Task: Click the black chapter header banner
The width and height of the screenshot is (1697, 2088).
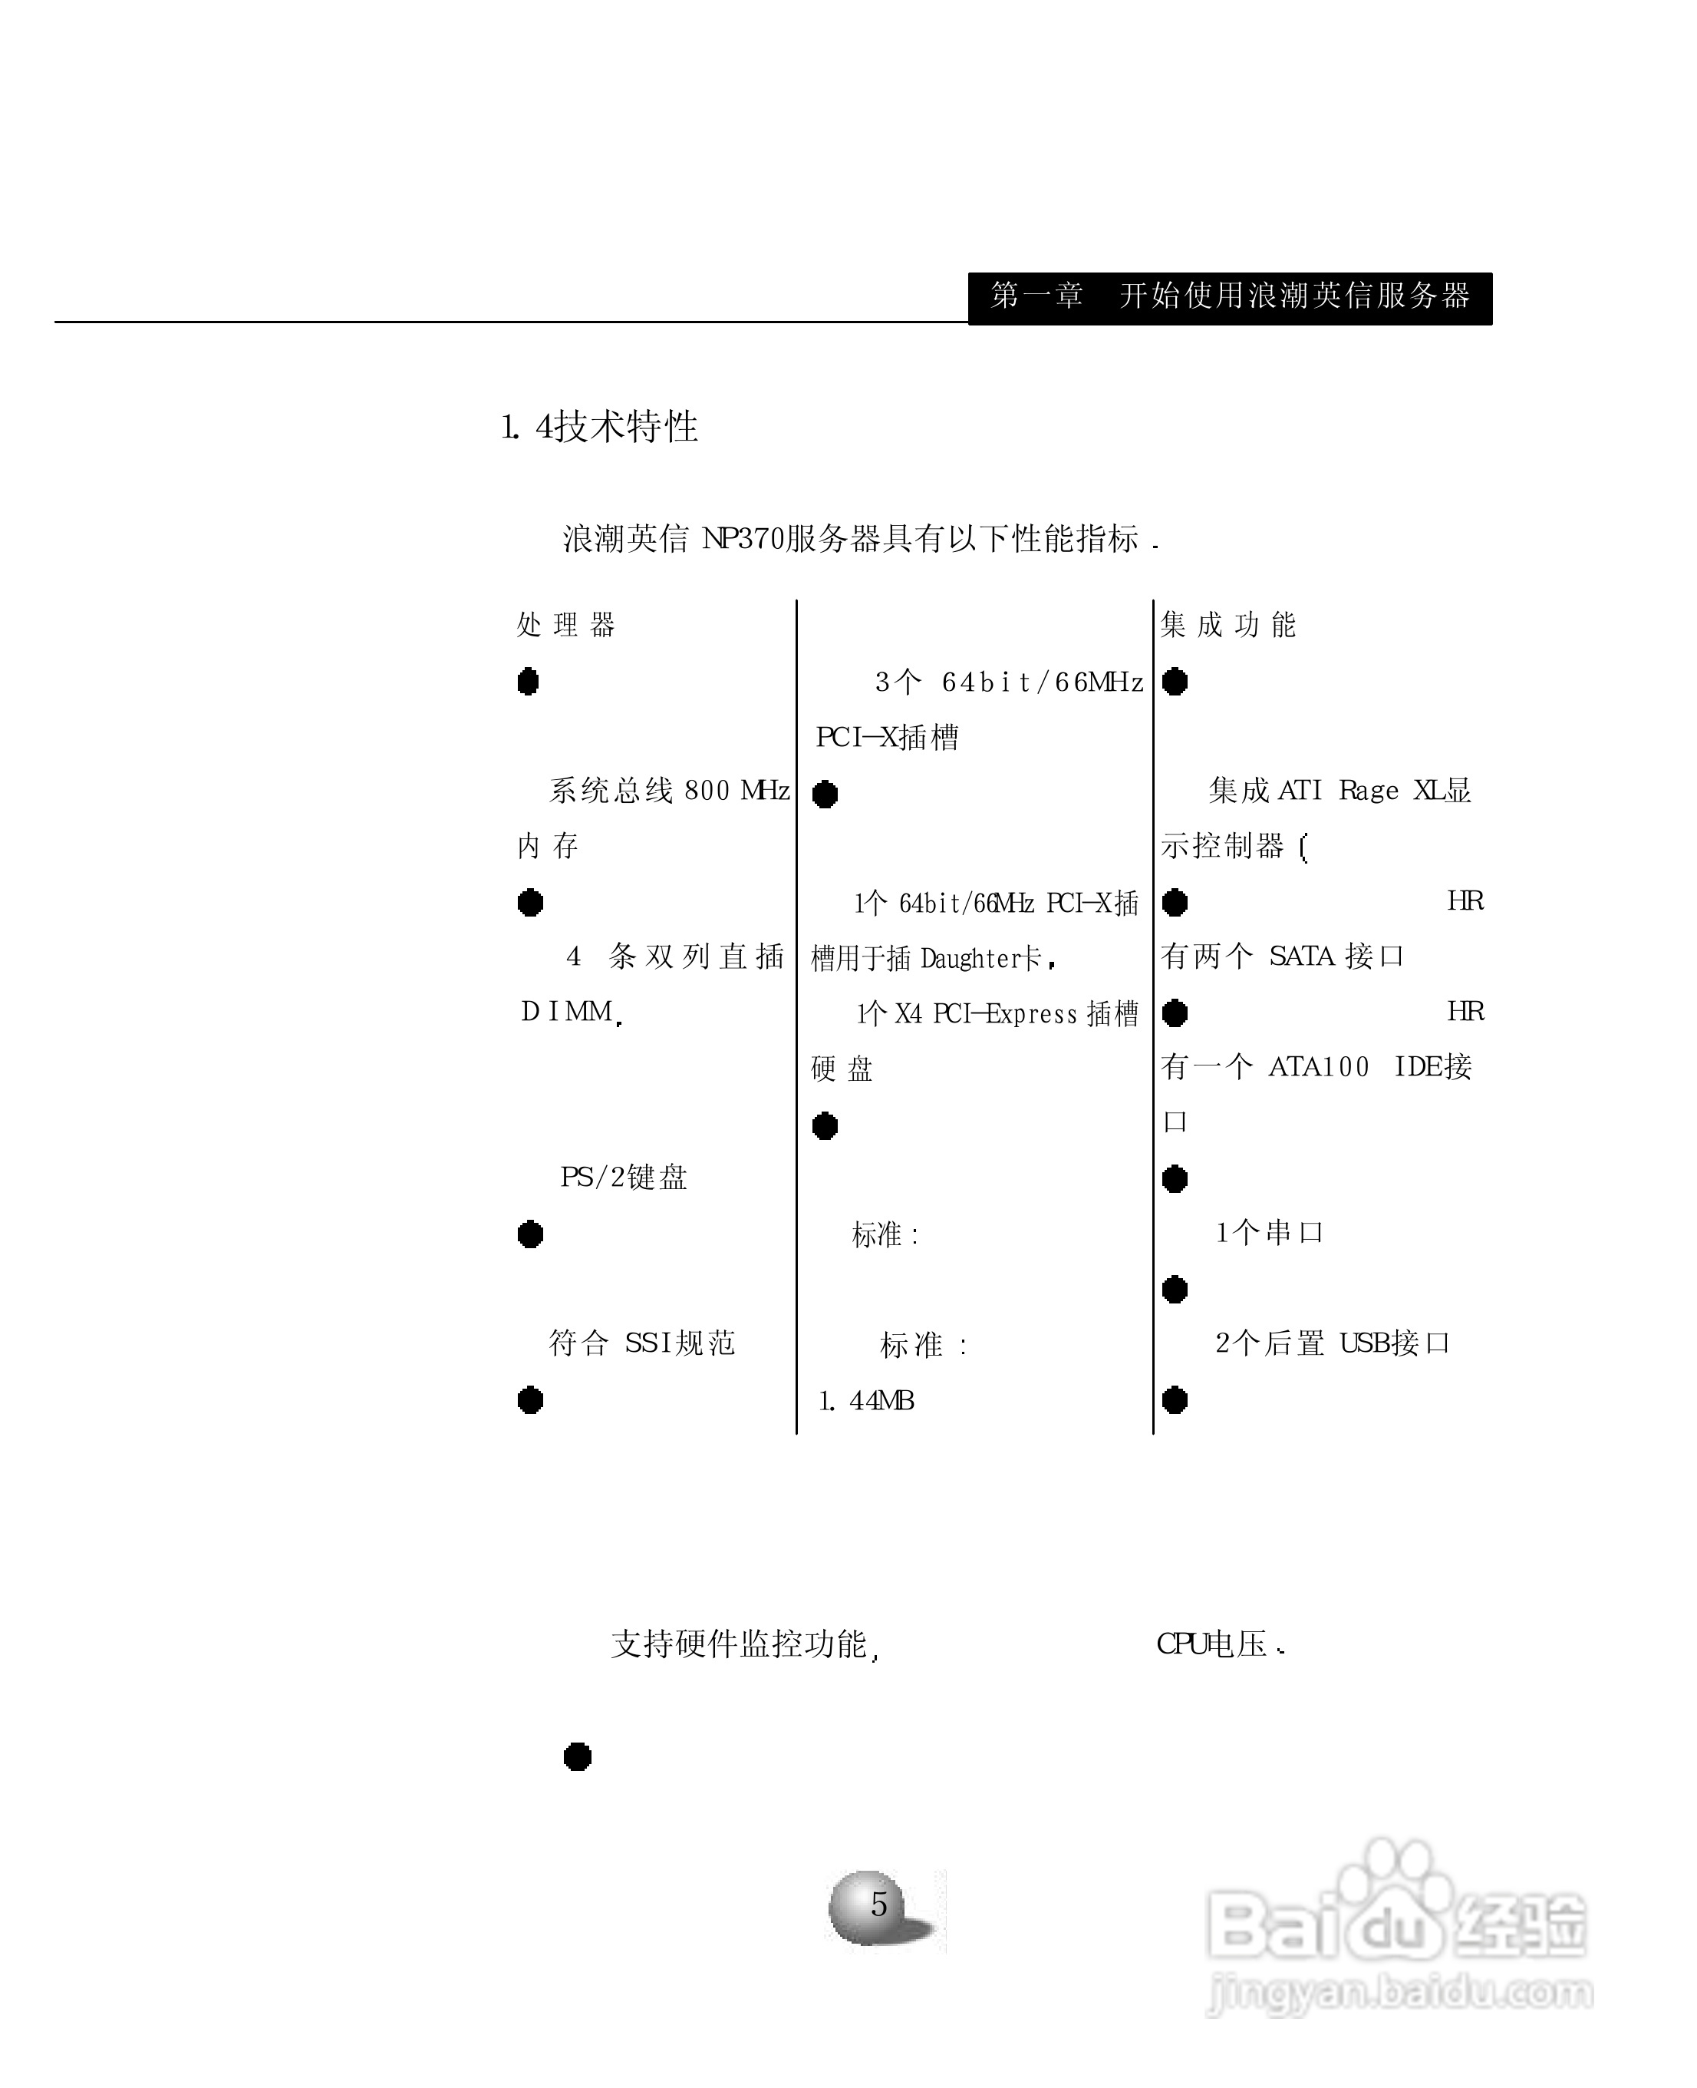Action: click(1229, 297)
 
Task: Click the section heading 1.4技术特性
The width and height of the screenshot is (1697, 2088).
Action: click(598, 428)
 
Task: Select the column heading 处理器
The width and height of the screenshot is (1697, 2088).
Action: click(565, 625)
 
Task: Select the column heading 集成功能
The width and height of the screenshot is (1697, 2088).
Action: click(1227, 625)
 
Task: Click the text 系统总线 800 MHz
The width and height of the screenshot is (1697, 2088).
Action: click(669, 790)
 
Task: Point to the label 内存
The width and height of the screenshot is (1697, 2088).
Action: click(548, 846)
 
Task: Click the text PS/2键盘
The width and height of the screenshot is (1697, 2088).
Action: click(623, 1178)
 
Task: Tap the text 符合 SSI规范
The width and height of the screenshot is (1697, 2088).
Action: click(641, 1343)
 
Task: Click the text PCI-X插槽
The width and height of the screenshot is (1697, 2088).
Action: click(887, 738)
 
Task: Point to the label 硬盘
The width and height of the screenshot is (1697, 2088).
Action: click(841, 1069)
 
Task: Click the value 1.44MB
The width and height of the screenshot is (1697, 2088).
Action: click(865, 1402)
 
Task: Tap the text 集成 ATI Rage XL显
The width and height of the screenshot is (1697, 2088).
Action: click(1339, 790)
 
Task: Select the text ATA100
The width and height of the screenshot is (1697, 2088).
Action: click(1319, 1067)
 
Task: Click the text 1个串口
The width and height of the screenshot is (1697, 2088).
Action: click(1268, 1234)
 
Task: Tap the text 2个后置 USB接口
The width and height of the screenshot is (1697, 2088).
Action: click(1331, 1343)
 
